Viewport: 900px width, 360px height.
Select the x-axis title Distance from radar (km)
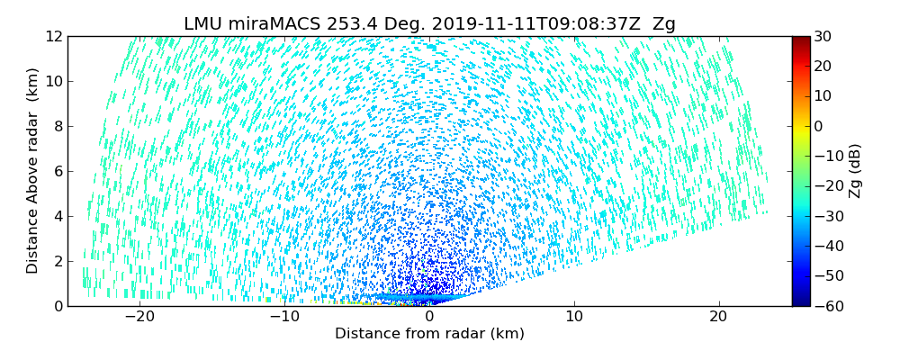tap(429, 334)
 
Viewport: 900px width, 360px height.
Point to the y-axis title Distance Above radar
tap(33, 171)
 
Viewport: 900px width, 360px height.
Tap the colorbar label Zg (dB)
tap(855, 171)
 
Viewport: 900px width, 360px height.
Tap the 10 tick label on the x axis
tap(574, 317)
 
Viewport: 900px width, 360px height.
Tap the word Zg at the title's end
tap(664, 24)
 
